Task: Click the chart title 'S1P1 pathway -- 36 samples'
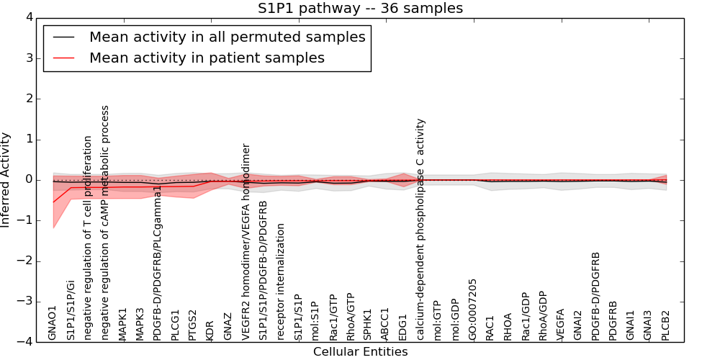pos(360,9)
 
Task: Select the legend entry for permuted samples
pos(227,37)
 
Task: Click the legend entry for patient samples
pos(207,58)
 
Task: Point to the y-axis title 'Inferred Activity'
pos(6,180)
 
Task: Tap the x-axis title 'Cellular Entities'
pos(360,352)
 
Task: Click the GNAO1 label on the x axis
pos(53,323)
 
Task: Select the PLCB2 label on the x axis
pos(666,325)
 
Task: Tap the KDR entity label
pos(210,330)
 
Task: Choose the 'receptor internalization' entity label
pos(281,282)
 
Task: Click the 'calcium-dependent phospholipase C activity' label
pos(421,229)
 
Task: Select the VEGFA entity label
pos(561,325)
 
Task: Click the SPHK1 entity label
pos(369,325)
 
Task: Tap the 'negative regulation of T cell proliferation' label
pos(88,238)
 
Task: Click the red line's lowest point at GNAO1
pos(53,202)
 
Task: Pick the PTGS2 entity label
pos(193,325)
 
